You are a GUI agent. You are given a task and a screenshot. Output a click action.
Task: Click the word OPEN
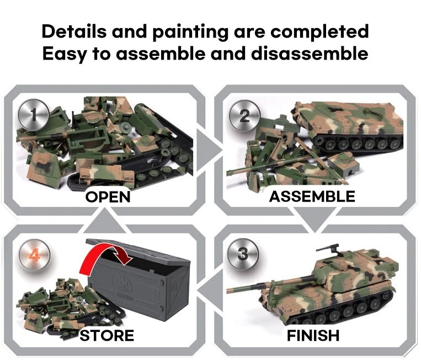point(108,197)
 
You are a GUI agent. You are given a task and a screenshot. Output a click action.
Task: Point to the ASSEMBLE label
point(312,197)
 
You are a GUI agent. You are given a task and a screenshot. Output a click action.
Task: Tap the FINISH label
point(313,335)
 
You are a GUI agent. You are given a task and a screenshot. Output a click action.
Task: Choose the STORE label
point(106,335)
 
